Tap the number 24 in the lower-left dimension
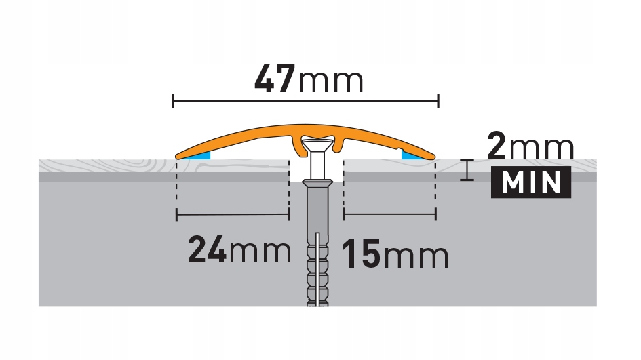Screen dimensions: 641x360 [x=208, y=251]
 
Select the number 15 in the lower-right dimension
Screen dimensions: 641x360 [x=362, y=256]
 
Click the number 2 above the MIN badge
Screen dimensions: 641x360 [x=497, y=146]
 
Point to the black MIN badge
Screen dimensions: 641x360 [x=530, y=183]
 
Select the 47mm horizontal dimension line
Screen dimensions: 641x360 [x=305, y=102]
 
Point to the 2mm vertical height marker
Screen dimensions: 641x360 [x=465, y=169]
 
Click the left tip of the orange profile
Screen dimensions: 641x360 [x=178, y=155]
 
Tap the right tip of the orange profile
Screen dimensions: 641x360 [x=432, y=155]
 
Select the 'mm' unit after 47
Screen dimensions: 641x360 [x=331, y=81]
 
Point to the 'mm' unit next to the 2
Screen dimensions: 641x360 [x=542, y=146]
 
